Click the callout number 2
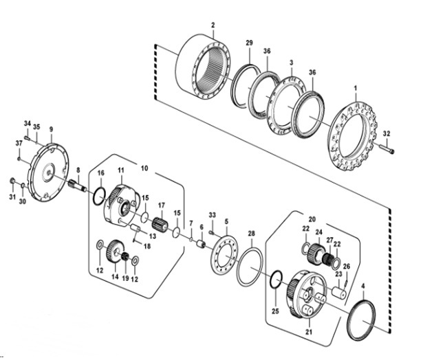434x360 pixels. [213, 25]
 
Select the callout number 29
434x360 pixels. [249, 43]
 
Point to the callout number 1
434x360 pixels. [356, 88]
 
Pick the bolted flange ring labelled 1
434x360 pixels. [354, 138]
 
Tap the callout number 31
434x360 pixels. [12, 197]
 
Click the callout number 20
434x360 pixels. [311, 218]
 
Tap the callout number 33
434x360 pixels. [213, 215]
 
